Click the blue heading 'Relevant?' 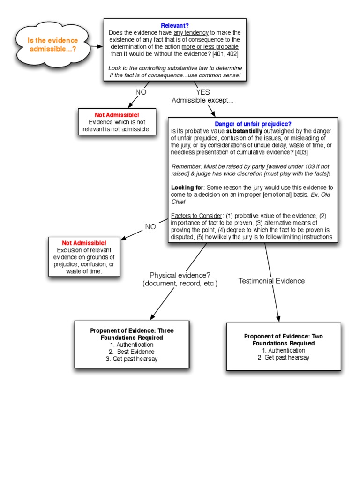[175, 26]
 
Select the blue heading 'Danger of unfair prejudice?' [253, 124]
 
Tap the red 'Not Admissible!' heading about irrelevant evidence [117, 115]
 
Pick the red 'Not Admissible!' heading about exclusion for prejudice [84, 243]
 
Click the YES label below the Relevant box [203, 92]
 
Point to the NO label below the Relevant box [141, 92]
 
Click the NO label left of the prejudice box [150, 227]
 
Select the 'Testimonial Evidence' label [271, 281]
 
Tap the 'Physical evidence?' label [180, 275]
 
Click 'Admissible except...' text [202, 100]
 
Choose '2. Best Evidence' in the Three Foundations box [132, 352]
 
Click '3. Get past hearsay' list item [132, 359]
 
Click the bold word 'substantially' [244, 131]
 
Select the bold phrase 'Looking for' [184, 187]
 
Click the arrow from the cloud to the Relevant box [97, 46]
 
